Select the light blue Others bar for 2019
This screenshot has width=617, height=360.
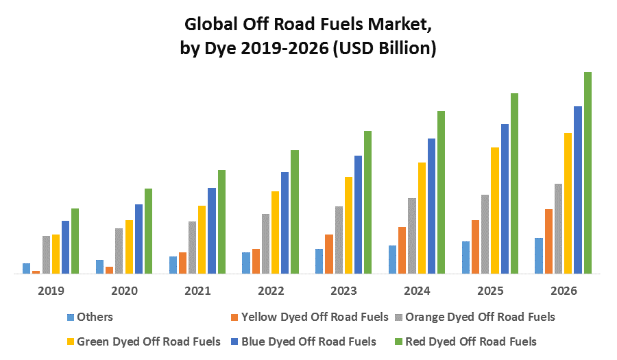[27, 268]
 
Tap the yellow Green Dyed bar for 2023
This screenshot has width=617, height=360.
[349, 225]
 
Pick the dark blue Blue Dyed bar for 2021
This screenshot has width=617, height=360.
[212, 230]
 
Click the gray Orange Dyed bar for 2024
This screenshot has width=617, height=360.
[412, 235]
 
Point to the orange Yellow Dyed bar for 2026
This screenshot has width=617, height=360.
[548, 241]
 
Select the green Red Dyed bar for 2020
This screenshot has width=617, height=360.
[148, 230]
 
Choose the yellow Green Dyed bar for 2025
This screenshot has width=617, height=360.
[495, 210]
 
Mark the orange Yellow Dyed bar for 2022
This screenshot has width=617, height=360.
[256, 261]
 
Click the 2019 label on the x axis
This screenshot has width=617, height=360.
[51, 291]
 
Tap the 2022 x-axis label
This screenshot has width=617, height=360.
[271, 291]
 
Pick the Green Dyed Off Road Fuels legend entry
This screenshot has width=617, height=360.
[148, 341]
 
